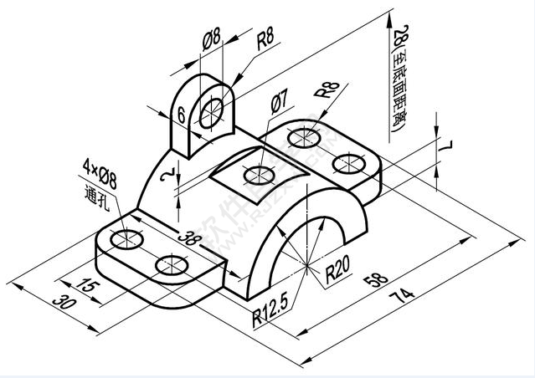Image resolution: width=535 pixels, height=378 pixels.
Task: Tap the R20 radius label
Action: [x=337, y=269]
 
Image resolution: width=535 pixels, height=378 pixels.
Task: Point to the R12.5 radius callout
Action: [x=270, y=317]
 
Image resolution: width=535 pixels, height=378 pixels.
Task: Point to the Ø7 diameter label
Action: [x=280, y=102]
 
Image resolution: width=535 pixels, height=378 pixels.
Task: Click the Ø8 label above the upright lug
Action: [x=212, y=38]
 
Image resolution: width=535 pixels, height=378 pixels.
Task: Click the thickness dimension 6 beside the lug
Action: [x=181, y=116]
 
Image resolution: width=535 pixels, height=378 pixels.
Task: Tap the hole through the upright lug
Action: [x=213, y=110]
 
